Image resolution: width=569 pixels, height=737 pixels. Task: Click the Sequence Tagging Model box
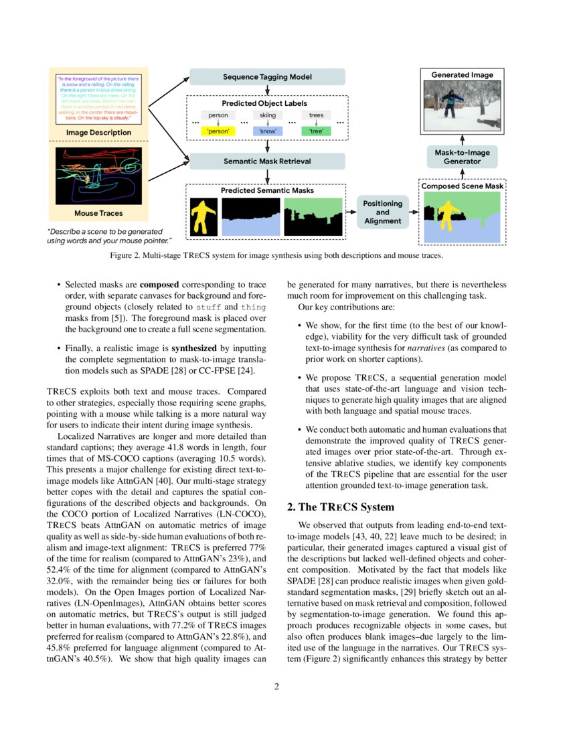click(x=267, y=77)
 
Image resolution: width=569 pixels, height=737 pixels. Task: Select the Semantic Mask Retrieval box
click(x=267, y=161)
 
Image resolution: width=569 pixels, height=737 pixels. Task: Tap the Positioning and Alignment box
click(x=382, y=212)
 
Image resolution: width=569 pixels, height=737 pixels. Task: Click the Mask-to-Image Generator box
click(x=462, y=157)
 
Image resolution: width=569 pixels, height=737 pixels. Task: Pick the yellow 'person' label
click(x=218, y=131)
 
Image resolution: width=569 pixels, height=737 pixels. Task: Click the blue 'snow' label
click(x=267, y=131)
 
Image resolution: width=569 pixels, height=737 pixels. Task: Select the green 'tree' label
click(x=316, y=131)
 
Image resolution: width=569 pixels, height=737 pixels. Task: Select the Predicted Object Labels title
click(x=264, y=104)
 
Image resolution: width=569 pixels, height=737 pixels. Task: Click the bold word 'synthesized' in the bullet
click(x=193, y=349)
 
